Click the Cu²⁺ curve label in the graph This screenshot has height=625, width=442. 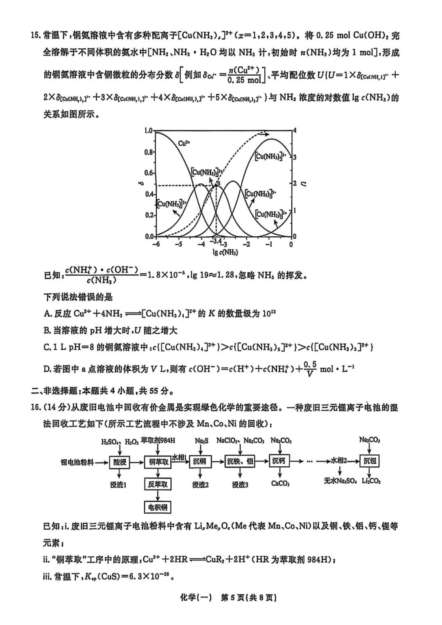coord(184,143)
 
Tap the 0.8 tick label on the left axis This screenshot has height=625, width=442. coord(149,152)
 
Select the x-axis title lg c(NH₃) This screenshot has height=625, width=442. coord(225,252)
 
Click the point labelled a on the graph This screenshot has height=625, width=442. coord(218,183)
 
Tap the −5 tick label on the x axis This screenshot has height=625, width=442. coord(178,245)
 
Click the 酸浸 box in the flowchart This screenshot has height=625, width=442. coord(120,462)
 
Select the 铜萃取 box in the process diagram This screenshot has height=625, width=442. coord(157,462)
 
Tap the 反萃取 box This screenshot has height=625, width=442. coord(157,485)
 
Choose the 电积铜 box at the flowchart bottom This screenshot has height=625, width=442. coord(157,508)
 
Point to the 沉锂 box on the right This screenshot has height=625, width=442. coord(370,461)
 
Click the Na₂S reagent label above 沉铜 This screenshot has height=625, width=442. coord(201,441)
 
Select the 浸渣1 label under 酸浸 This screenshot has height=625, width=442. coord(118,485)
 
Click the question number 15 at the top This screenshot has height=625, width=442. coord(35,36)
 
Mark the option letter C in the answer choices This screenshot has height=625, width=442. coord(47,347)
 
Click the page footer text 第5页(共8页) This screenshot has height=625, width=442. coord(248,598)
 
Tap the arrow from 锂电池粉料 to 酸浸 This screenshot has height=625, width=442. coord(101,462)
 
